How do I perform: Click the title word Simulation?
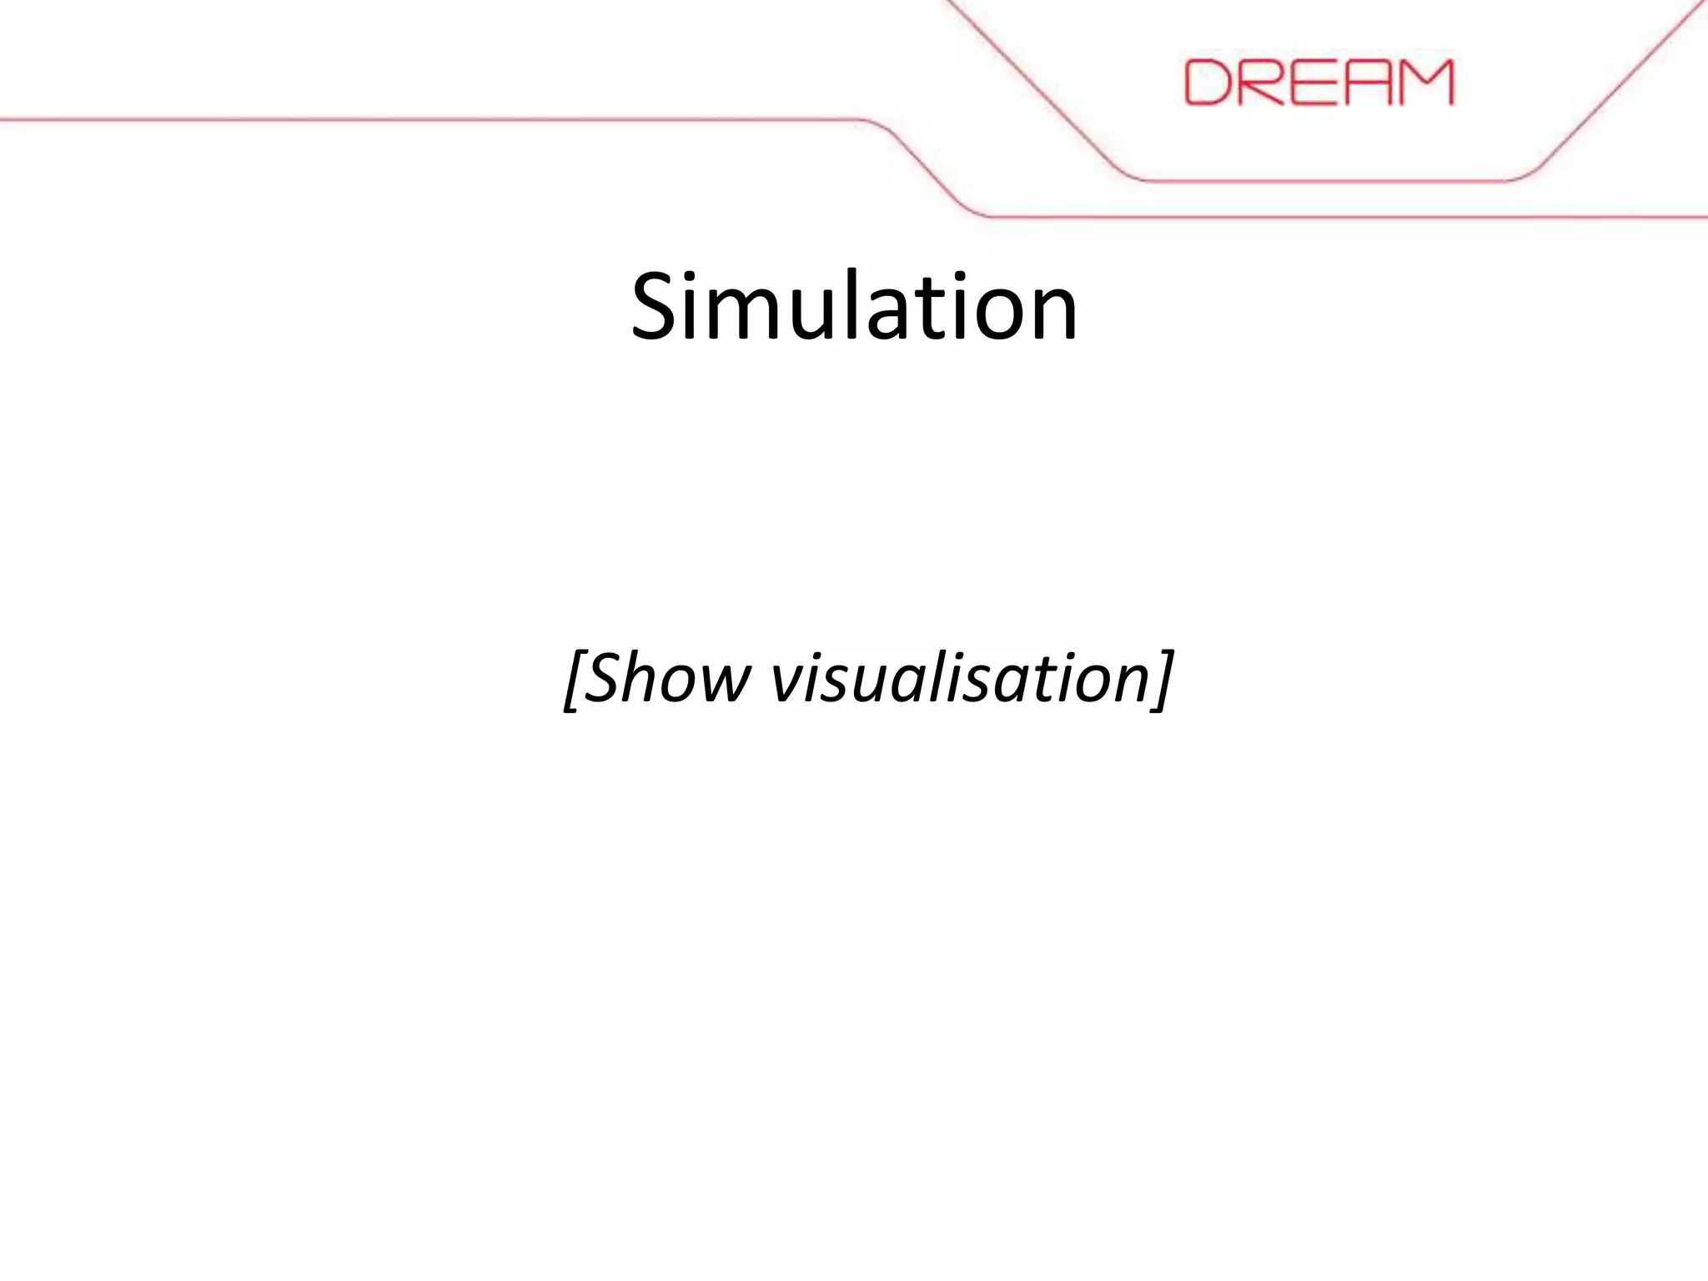pos(854,307)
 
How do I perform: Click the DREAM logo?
pos(1319,82)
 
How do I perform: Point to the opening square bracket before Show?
pos(575,680)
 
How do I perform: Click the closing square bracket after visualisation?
pos(1162,680)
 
